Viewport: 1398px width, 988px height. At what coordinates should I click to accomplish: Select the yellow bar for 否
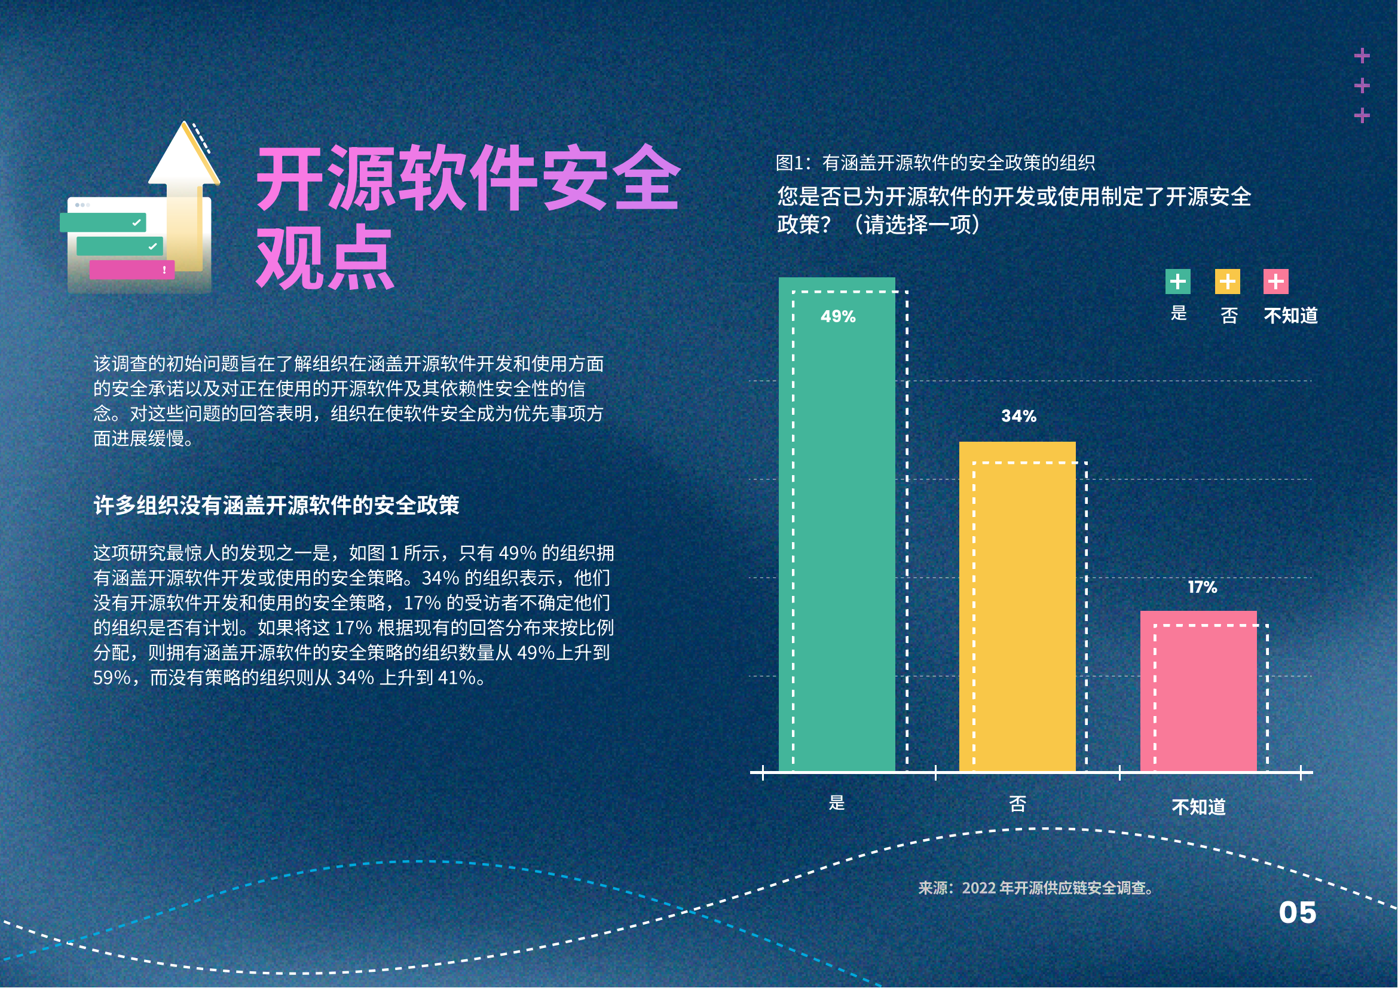pyautogui.click(x=1017, y=607)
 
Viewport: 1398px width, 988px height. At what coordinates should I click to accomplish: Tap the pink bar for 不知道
pyautogui.click(x=1198, y=692)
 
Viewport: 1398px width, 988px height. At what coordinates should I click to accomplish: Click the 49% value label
pyautogui.click(x=838, y=317)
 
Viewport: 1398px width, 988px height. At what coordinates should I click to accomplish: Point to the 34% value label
pyautogui.click(x=1018, y=416)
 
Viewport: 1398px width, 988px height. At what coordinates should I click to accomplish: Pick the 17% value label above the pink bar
pyautogui.click(x=1203, y=588)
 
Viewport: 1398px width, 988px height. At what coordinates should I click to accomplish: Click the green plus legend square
pyautogui.click(x=1178, y=282)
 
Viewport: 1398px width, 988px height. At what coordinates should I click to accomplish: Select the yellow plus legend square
pyautogui.click(x=1228, y=282)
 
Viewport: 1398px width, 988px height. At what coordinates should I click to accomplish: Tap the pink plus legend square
pyautogui.click(x=1276, y=282)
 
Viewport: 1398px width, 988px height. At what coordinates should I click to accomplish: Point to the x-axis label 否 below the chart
pyautogui.click(x=1017, y=804)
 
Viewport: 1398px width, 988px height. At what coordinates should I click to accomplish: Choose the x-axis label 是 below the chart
pyautogui.click(x=837, y=803)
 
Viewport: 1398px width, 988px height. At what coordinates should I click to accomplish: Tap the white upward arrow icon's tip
pyautogui.click(x=184, y=122)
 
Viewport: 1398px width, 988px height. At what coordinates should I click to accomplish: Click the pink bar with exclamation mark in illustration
pyautogui.click(x=132, y=270)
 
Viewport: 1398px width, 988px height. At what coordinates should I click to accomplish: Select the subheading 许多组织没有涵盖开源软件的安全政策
pyautogui.click(x=277, y=505)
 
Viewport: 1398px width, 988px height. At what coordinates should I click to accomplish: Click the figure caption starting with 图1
pyautogui.click(x=935, y=163)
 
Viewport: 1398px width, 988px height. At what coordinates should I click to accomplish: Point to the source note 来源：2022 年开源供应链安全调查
pyautogui.click(x=1036, y=888)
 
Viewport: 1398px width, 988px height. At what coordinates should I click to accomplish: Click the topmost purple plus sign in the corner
pyautogui.click(x=1362, y=56)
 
